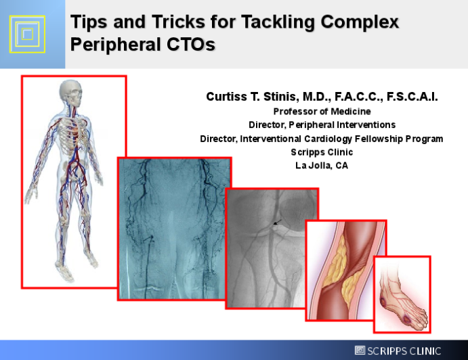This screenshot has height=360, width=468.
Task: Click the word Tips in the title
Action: pyautogui.click(x=90, y=22)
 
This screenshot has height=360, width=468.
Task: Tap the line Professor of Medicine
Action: pyautogui.click(x=322, y=111)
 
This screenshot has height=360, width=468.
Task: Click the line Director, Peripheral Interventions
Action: pyautogui.click(x=322, y=125)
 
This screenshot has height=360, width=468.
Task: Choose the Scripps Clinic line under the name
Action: pyautogui.click(x=322, y=152)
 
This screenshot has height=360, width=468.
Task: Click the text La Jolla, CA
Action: pyautogui.click(x=322, y=166)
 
